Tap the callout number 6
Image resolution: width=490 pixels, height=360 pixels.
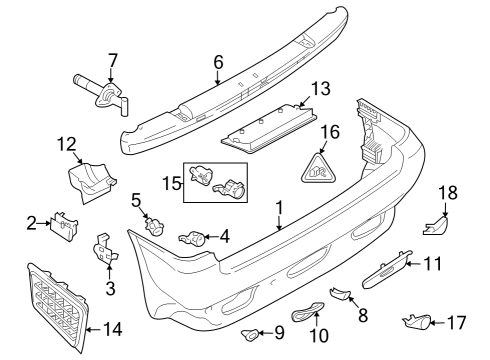point(217,62)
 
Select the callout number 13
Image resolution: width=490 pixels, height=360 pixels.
point(319,90)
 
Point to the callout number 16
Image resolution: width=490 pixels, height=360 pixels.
point(329,131)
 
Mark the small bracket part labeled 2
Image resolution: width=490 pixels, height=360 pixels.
point(63,225)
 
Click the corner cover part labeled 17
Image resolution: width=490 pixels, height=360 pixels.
point(416,321)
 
